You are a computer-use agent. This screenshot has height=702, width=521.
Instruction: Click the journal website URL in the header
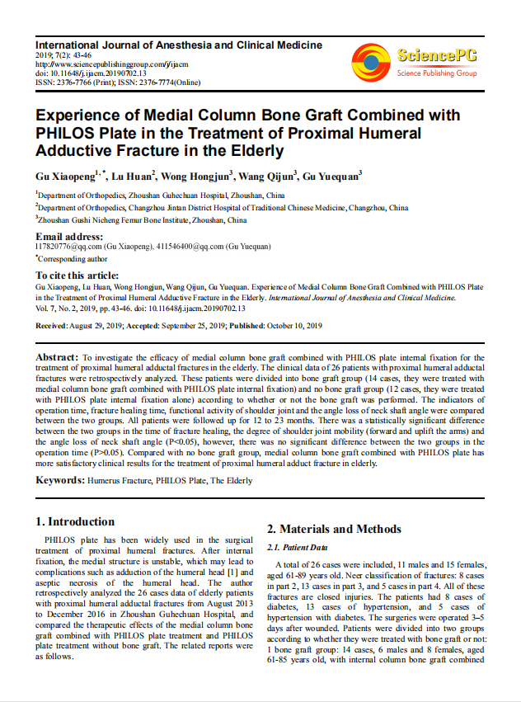click(113, 64)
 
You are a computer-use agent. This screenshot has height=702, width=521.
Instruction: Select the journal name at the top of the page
click(179, 45)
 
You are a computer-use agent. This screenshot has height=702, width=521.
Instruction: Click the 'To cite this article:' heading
click(77, 275)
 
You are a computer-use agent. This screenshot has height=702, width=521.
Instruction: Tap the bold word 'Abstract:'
click(57, 356)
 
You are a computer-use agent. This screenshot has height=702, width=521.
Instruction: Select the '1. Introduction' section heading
click(75, 521)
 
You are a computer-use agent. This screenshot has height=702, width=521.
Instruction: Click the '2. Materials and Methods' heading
click(334, 529)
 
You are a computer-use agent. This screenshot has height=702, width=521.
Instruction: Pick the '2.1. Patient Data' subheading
click(298, 548)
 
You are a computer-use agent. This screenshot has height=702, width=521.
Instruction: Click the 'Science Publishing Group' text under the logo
click(437, 73)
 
